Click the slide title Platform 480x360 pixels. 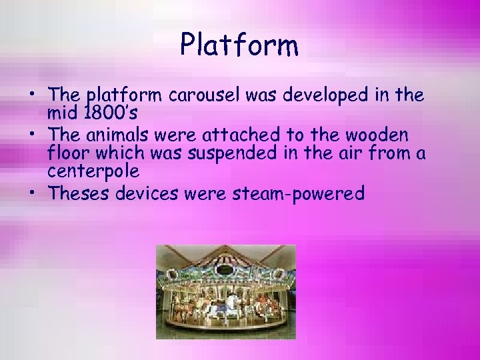point(239,46)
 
